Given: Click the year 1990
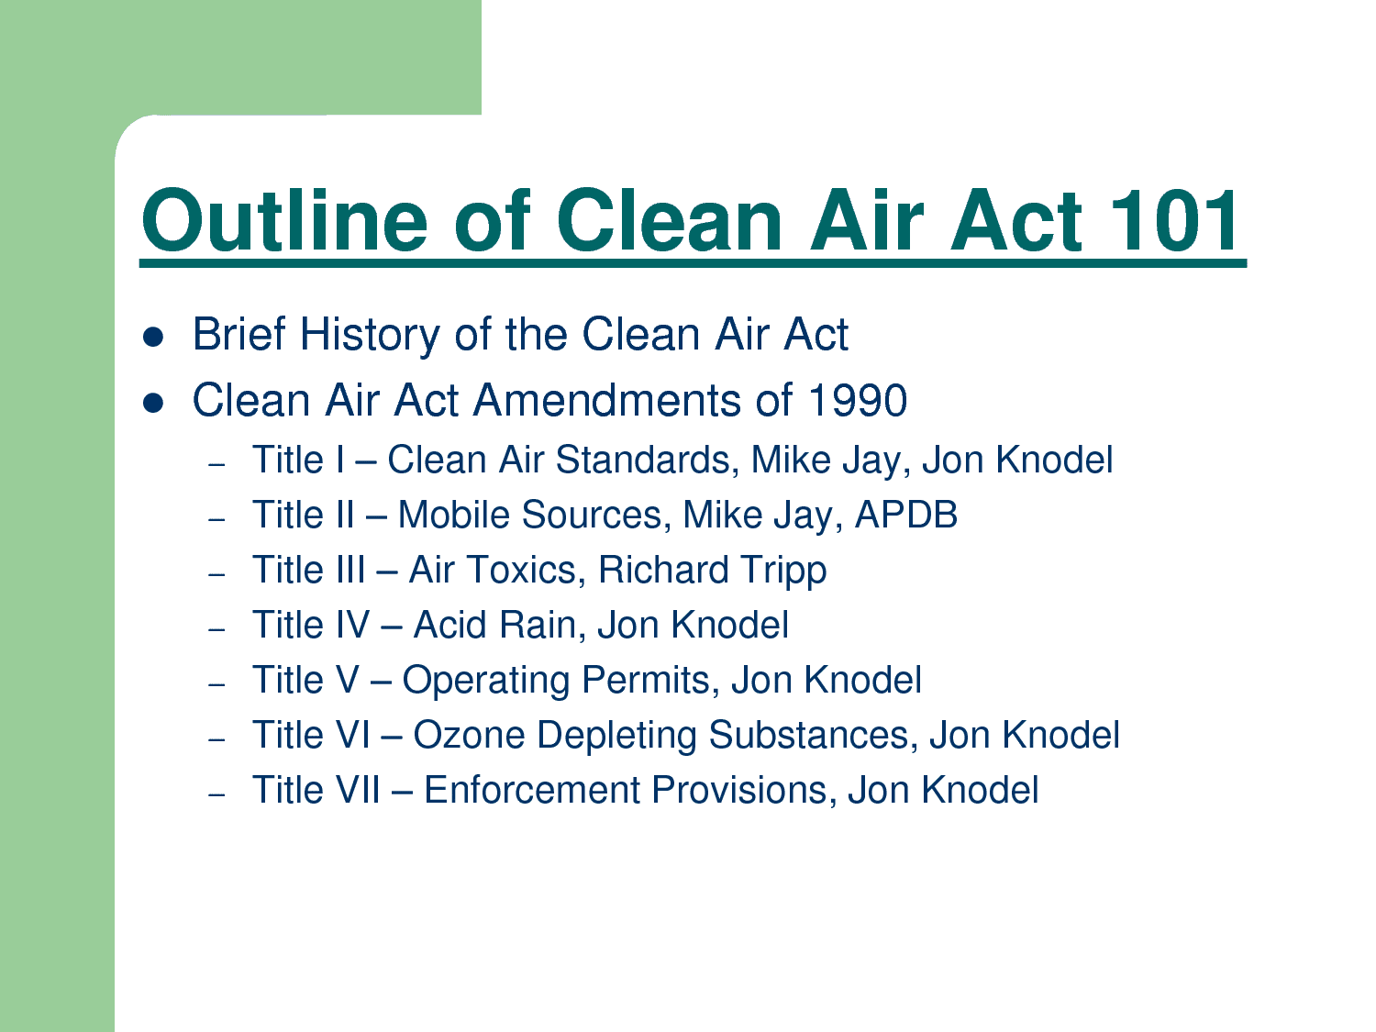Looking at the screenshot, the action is click(x=857, y=400).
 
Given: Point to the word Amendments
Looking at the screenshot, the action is click(x=607, y=400).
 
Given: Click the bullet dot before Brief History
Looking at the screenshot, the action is click(x=153, y=337).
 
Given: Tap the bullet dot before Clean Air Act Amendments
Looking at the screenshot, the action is click(x=153, y=403).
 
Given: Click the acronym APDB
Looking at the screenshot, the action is click(x=905, y=515).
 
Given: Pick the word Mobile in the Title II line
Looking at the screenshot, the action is click(x=454, y=515).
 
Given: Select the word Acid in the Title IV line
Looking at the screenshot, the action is click(x=450, y=626).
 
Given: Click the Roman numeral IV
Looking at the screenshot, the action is click(x=351, y=626).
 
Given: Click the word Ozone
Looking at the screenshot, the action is click(x=468, y=735).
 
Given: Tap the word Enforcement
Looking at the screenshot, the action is click(x=531, y=790).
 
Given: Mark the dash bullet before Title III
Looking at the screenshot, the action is click(x=216, y=574).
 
